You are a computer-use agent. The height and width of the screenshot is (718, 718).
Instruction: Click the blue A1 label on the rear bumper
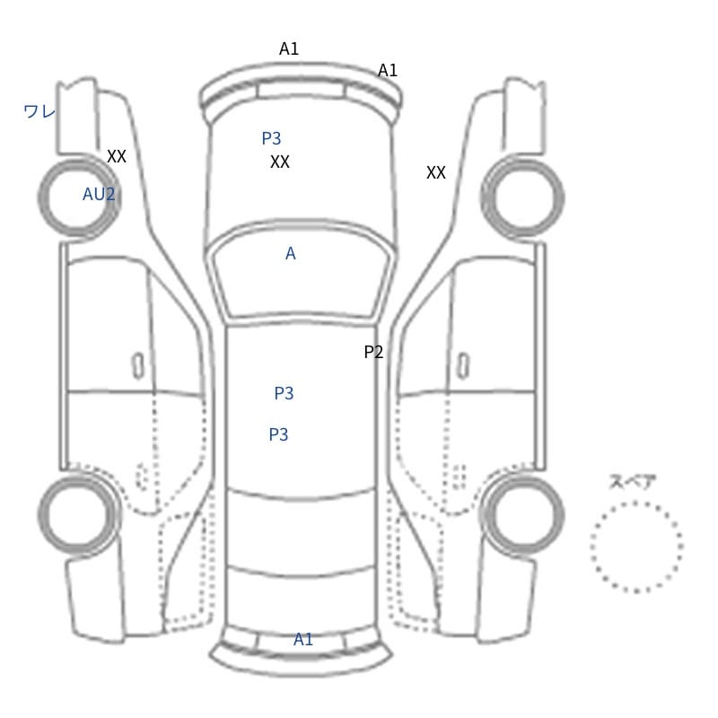point(303,639)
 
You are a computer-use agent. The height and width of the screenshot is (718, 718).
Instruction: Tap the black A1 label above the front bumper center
point(289,48)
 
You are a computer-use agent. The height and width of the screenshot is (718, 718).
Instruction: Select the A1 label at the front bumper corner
point(388,71)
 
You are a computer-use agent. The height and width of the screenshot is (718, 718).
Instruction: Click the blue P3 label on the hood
point(271,138)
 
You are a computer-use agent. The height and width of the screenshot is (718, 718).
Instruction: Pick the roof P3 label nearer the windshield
point(284,393)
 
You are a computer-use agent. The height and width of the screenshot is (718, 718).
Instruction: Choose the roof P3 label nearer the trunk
point(278,434)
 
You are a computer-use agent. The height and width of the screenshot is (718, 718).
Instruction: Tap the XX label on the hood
point(280,162)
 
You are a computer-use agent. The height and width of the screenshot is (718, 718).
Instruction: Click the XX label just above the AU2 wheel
point(117,156)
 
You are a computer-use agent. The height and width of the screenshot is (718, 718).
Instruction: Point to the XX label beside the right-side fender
point(436,172)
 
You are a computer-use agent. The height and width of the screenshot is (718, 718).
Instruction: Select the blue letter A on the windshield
point(290,253)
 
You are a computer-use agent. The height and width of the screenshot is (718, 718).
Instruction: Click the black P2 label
point(373,352)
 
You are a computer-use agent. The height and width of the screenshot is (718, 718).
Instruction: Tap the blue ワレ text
point(39,111)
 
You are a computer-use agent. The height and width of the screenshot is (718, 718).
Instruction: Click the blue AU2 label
point(99,194)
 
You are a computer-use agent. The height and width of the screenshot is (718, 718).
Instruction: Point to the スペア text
point(626,481)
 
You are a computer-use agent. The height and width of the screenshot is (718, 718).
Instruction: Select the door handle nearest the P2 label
point(463,366)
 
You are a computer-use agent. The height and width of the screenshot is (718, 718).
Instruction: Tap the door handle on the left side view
point(138,366)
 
